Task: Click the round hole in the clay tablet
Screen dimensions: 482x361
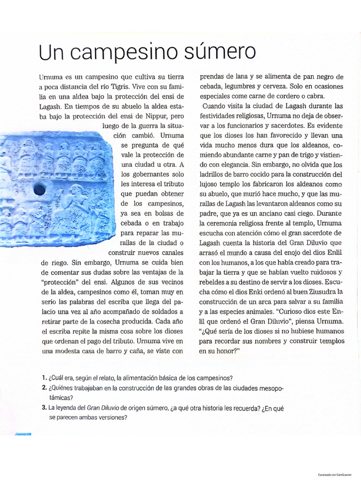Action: point(40,189)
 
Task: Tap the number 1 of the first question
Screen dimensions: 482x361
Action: point(43,378)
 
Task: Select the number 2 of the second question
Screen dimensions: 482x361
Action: point(43,388)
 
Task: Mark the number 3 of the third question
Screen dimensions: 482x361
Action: point(43,408)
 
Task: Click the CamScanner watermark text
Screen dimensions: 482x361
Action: point(337,474)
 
